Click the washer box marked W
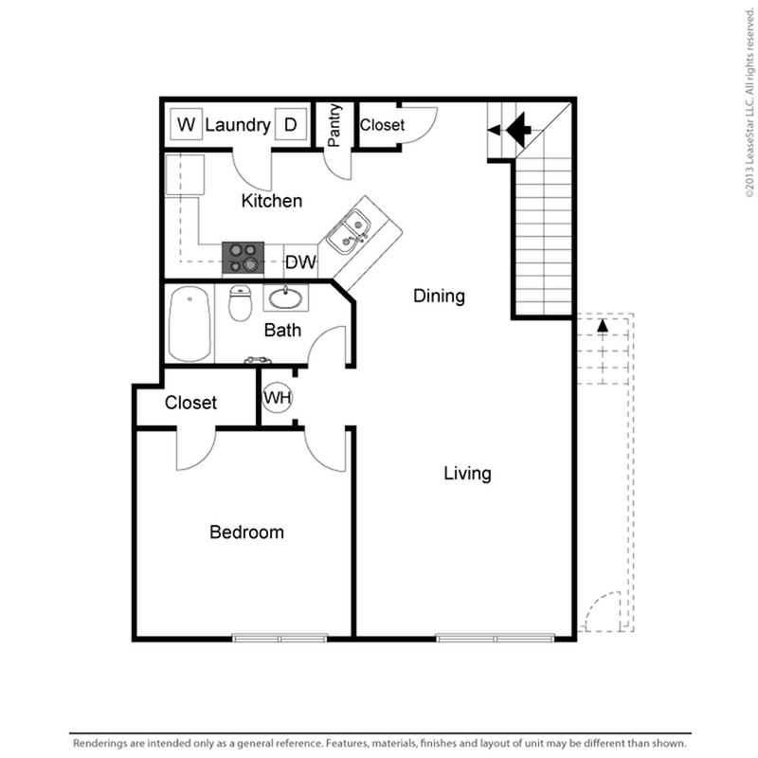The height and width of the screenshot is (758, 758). click(186, 124)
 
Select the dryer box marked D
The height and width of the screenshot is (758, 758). click(291, 124)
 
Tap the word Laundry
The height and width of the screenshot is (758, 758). click(238, 125)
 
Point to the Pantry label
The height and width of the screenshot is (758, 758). click(334, 125)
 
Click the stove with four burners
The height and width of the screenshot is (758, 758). click(244, 258)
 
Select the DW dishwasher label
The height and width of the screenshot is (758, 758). click(300, 262)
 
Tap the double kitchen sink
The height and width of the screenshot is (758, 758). click(347, 231)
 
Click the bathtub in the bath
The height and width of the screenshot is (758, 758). click(190, 324)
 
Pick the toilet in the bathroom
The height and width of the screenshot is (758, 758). click(241, 303)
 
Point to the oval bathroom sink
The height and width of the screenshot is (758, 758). click(286, 298)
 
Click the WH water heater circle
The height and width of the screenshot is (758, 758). click(278, 397)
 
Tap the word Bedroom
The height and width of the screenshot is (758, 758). click(246, 532)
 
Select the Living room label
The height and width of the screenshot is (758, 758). click(467, 473)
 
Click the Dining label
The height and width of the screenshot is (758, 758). click(439, 296)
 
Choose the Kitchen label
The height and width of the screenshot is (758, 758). click(272, 201)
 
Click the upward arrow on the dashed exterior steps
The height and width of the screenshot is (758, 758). click(603, 325)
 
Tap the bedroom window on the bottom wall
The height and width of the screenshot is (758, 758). click(280, 638)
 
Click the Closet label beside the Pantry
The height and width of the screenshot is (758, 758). click(382, 125)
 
